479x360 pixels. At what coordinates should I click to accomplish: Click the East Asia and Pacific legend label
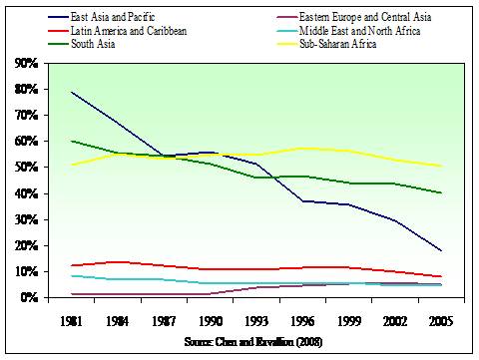coord(113,17)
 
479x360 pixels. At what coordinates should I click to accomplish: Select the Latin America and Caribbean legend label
coord(129,31)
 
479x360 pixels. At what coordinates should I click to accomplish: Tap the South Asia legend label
coord(93,44)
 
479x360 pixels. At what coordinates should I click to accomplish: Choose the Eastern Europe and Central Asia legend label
coord(365,17)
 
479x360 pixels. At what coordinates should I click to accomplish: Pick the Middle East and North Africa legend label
coord(359,31)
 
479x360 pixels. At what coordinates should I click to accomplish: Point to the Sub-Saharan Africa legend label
coord(337,44)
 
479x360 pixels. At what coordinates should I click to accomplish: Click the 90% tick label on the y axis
coord(26,63)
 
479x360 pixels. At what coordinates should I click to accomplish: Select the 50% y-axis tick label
coord(26,167)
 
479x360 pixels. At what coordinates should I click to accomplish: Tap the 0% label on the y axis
coord(29,297)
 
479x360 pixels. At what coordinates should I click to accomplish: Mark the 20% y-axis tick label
coord(26,245)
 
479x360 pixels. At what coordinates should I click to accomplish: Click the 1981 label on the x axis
coord(72,321)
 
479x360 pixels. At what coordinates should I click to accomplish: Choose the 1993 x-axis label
coord(256,321)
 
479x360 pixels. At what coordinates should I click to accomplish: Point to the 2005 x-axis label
coord(441,321)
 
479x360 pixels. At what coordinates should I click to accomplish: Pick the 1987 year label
coord(164,321)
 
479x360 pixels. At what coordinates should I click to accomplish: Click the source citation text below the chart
coord(253,342)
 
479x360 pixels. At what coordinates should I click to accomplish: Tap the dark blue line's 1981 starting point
coord(72,92)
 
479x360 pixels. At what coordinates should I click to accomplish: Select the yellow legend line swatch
coord(286,44)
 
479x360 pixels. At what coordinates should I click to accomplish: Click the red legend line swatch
coord(58,31)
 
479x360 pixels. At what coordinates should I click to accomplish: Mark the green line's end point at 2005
coord(441,192)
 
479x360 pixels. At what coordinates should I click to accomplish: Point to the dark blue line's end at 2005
coord(441,250)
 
